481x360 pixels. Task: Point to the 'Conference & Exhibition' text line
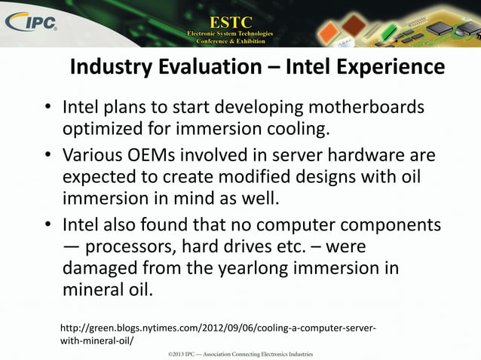pyautogui.click(x=230, y=41)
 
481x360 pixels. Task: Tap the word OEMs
pyautogui.click(x=154, y=156)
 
